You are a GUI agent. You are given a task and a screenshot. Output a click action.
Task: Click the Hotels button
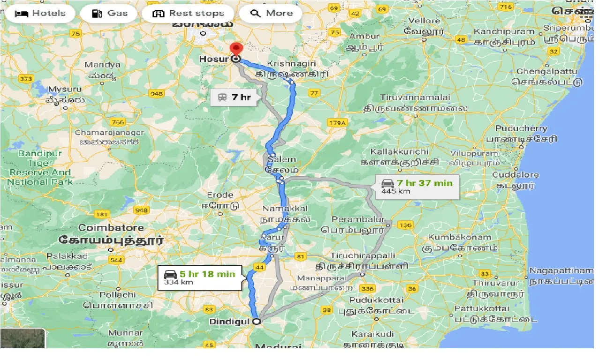coord(40,13)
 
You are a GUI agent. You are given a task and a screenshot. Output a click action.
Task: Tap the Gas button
coord(109,13)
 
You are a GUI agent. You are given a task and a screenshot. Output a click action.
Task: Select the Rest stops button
coord(189,13)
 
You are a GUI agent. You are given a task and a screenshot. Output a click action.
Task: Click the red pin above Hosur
coord(236,49)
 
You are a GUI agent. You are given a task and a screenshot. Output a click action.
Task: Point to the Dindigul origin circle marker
coord(256,322)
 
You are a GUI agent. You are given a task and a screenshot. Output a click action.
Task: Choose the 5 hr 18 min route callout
coord(201,277)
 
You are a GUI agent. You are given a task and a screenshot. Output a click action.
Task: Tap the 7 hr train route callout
coord(234,97)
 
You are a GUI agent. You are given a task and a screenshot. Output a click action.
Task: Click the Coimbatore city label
coord(111,228)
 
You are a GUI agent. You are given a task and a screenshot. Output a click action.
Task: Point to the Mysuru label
coord(65,89)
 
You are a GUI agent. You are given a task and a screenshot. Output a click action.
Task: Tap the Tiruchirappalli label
coord(363,255)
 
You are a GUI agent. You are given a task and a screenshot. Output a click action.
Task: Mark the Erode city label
coord(220,195)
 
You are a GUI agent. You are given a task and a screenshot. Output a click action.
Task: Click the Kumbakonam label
coord(459,237)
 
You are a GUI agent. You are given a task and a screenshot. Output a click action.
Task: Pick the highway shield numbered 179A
coord(337,123)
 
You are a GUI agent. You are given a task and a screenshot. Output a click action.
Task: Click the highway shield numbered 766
coord(119,122)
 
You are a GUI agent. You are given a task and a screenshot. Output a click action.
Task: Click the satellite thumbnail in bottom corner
coord(22,338)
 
